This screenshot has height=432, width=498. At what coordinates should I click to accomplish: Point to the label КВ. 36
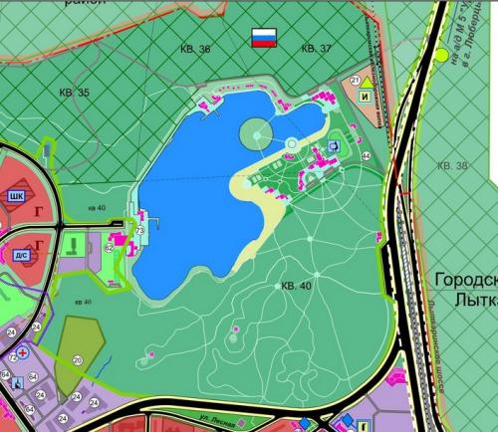pos(195,48)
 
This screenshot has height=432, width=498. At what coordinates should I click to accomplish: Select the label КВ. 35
pos(74,93)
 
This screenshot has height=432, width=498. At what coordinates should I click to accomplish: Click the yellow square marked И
pos(366,98)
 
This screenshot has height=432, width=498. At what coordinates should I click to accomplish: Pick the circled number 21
pos(355,80)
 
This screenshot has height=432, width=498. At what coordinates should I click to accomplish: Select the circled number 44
pos(366,156)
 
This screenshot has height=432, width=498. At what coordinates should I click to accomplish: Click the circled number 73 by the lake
pos(139,231)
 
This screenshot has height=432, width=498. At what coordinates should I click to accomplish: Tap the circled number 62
pos(109,247)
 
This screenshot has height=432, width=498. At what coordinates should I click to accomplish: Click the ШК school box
pos(16,196)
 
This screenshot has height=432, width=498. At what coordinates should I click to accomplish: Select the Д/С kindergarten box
pos(22,254)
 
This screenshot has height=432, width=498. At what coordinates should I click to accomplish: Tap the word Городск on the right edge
pos(466,282)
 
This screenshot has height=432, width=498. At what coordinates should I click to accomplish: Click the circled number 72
pos(13,354)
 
